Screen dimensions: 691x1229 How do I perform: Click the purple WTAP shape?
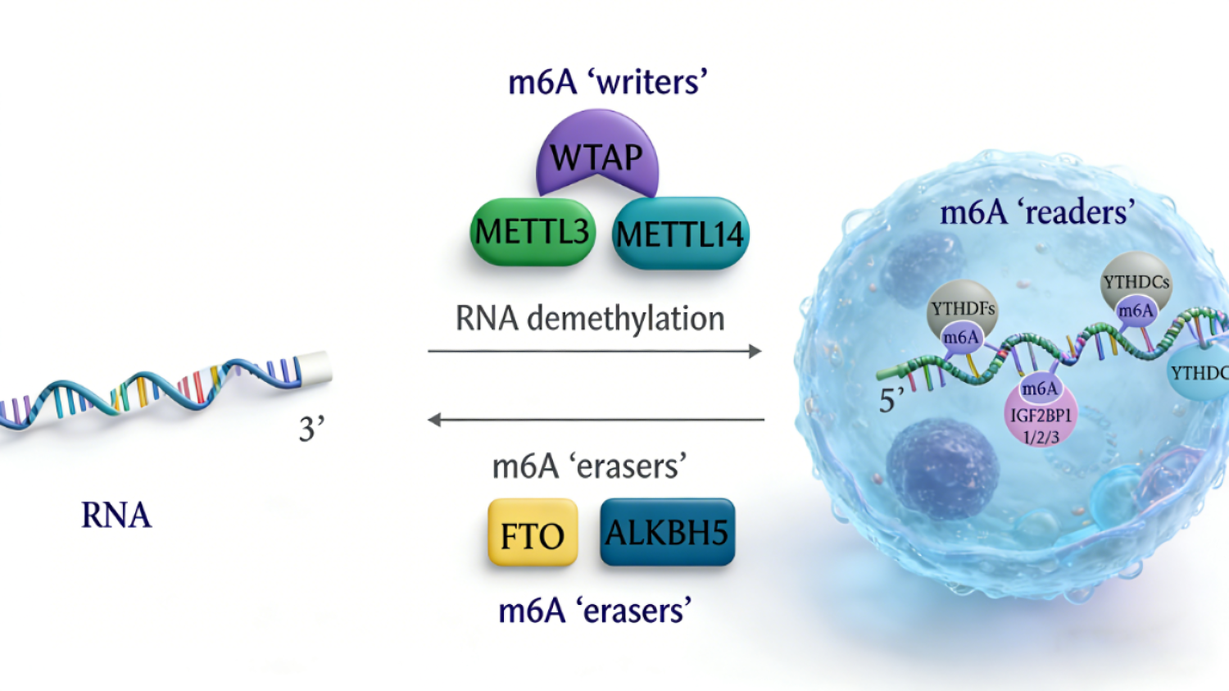click(597, 156)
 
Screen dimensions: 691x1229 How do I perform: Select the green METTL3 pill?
click(533, 232)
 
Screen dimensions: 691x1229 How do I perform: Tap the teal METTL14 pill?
click(680, 234)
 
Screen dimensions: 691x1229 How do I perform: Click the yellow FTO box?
click(533, 534)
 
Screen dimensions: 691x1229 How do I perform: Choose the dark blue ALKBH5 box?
click(667, 533)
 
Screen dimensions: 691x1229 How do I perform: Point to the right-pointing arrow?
click(594, 351)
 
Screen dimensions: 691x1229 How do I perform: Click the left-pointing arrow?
click(596, 420)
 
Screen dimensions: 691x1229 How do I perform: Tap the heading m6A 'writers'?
click(607, 82)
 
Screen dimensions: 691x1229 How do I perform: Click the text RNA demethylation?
click(590, 319)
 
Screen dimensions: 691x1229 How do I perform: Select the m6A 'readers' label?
click(1036, 212)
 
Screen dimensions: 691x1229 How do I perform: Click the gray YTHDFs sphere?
click(963, 307)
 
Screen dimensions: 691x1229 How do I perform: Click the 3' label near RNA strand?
click(311, 429)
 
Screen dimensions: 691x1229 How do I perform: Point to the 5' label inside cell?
click(891, 400)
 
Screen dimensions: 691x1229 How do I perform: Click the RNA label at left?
click(116, 516)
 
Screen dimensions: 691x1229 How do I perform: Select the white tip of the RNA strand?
click(317, 367)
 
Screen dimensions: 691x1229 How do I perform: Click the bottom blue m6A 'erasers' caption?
click(595, 611)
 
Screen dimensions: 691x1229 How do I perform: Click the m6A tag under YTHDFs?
click(960, 338)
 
